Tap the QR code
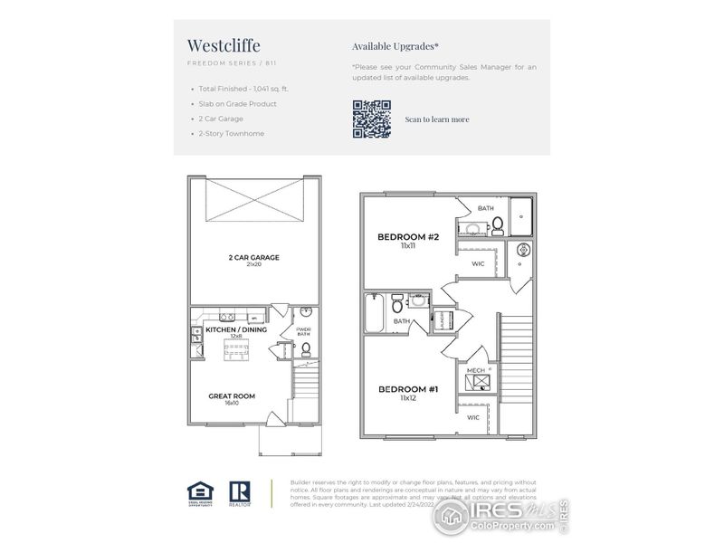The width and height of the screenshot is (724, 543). (371, 119)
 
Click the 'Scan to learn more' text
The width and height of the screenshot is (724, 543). (437, 119)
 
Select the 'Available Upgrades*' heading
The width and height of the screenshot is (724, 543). (395, 45)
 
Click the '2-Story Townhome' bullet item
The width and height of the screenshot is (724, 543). (232, 134)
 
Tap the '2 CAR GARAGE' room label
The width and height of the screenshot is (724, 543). (253, 258)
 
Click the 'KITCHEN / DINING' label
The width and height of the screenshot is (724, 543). (236, 329)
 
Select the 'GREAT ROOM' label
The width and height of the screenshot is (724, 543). (232, 395)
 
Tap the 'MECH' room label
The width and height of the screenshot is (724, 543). (475, 370)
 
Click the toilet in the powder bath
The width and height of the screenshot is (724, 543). (305, 348)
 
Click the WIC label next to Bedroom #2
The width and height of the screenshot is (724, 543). (478, 264)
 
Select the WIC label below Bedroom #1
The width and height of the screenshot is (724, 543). (473, 417)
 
